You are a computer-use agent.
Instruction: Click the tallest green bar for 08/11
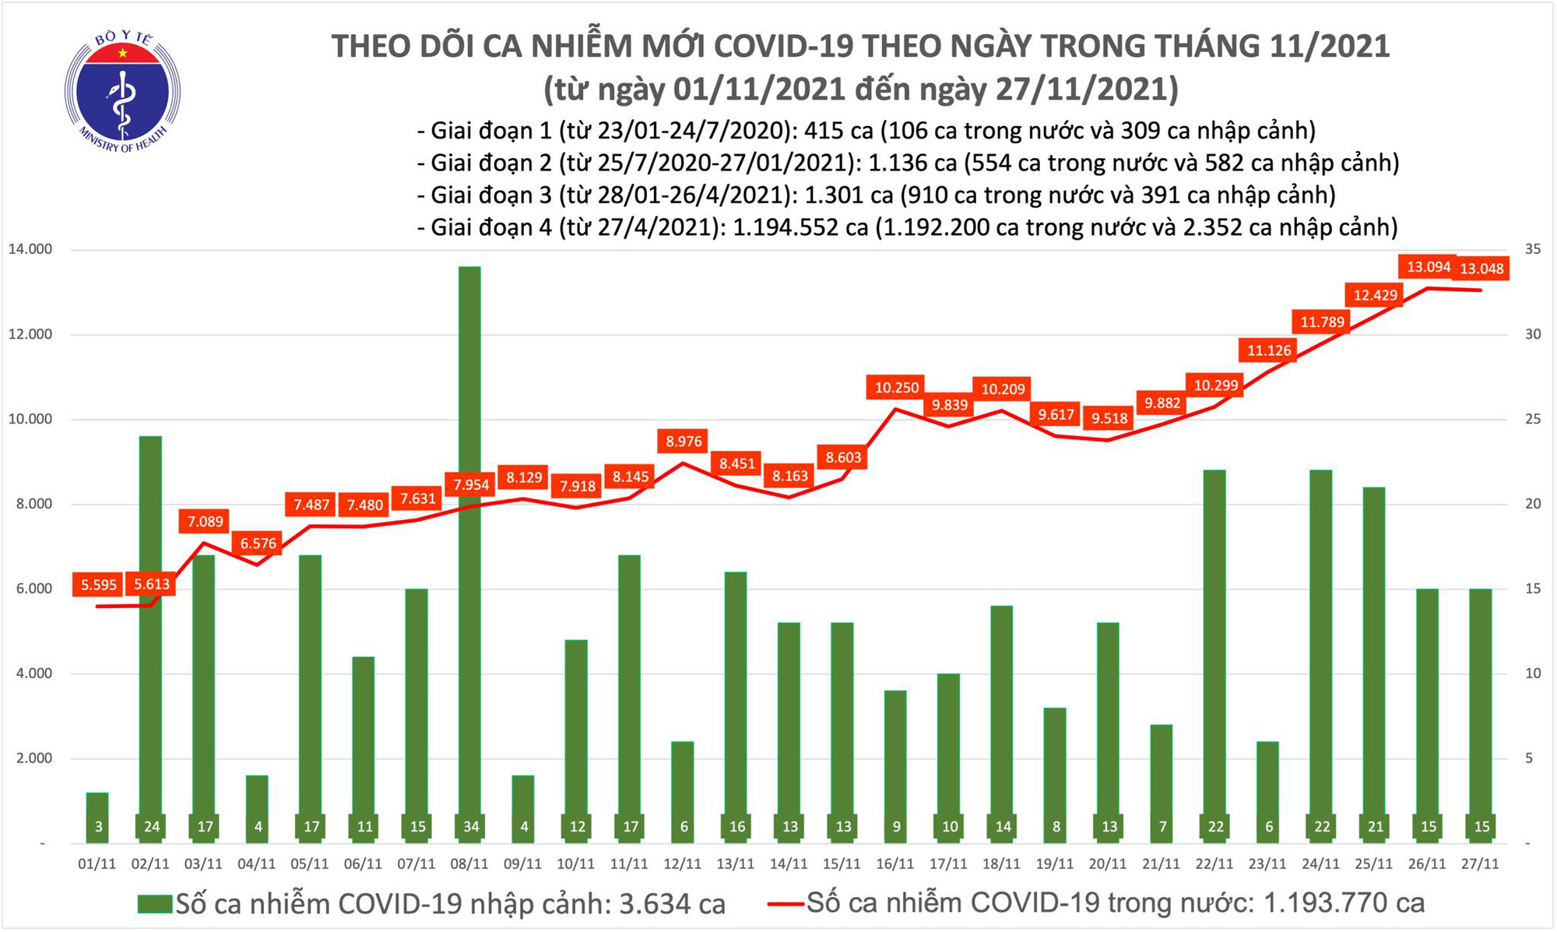tap(469, 545)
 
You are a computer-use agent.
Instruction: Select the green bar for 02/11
tap(151, 623)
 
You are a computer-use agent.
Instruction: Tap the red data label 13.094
tap(1429, 267)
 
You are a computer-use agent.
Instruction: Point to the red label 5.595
tap(99, 585)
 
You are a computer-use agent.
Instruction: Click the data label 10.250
tap(897, 387)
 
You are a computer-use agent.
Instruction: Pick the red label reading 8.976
tap(684, 441)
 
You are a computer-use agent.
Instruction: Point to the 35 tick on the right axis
tap(1533, 250)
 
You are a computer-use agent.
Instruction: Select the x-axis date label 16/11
tap(894, 864)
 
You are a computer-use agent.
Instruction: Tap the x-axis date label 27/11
tap(1480, 864)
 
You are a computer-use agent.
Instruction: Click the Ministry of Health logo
tap(122, 92)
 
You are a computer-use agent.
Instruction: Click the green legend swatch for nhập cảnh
tap(154, 904)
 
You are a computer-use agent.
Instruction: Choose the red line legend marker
tap(785, 904)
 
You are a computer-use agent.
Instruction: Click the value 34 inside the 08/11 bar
tap(470, 827)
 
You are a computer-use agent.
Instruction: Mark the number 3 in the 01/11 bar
tap(98, 827)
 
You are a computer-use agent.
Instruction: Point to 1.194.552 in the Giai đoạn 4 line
tap(789, 227)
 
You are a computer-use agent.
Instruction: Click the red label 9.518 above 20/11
tap(1109, 418)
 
